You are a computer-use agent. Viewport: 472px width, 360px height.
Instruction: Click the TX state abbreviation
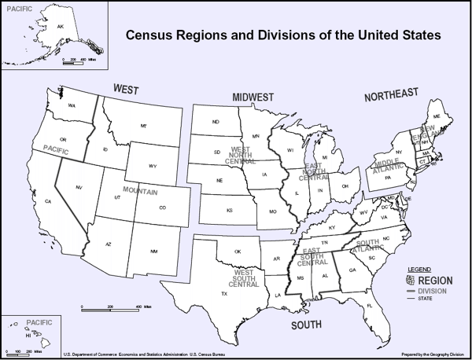[x=225, y=293]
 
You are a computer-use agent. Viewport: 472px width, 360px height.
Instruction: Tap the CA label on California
[x=48, y=202]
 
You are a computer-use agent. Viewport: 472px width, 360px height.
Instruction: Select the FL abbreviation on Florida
[x=369, y=306]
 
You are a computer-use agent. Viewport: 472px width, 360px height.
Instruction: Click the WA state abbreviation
[x=72, y=105]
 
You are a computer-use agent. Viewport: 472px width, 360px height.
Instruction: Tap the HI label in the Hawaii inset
[x=28, y=335]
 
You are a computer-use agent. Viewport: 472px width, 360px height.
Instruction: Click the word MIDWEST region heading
[x=253, y=97]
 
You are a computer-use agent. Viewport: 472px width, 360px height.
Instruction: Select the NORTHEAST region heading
[x=391, y=95]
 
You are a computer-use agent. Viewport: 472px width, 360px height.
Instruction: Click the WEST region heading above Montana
[x=126, y=88]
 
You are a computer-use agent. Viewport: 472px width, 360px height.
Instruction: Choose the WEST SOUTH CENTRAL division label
[x=244, y=277]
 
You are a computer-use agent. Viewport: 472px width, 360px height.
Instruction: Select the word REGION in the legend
[x=435, y=280]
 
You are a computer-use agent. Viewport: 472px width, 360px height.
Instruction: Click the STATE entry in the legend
[x=425, y=298]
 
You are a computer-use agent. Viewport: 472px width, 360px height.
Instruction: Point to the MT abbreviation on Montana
[x=144, y=126]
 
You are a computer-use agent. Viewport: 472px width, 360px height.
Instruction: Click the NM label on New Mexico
[x=153, y=251]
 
